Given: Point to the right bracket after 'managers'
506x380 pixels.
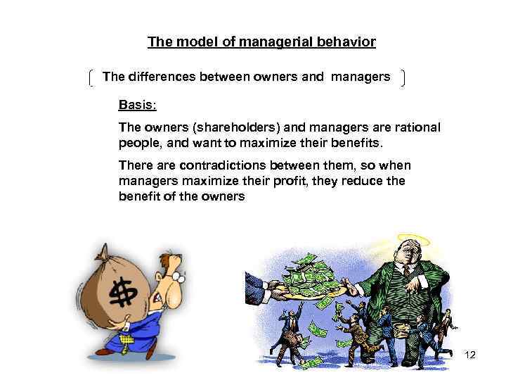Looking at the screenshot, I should tap(401, 78).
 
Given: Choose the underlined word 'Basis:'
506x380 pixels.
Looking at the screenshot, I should tap(138, 105).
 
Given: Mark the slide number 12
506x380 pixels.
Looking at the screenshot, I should tap(470, 355).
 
